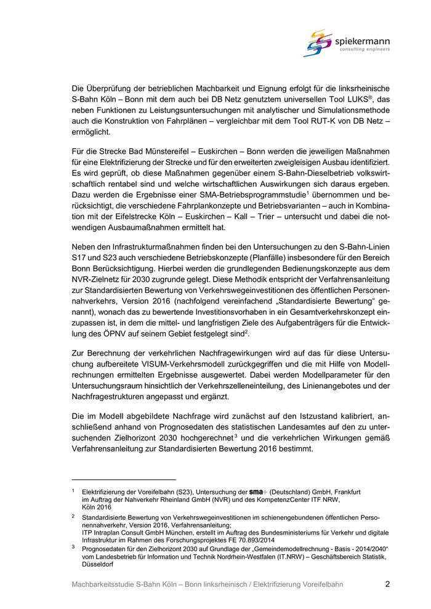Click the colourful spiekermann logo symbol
[318, 42]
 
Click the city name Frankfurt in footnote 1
[345, 492]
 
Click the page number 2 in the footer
[387, 584]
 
